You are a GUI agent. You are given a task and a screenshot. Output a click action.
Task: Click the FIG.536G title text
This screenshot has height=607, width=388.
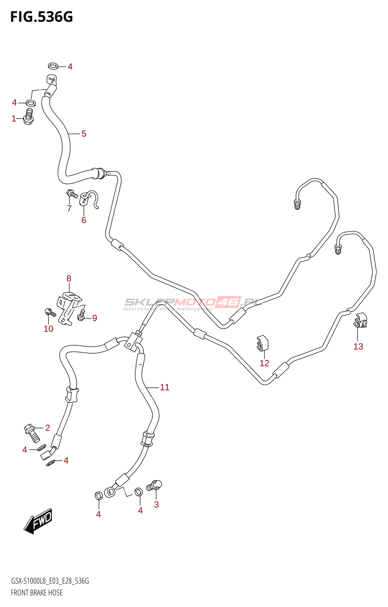pyautogui.click(x=41, y=17)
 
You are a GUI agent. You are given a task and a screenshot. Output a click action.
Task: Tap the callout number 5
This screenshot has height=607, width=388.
pyautogui.click(x=84, y=134)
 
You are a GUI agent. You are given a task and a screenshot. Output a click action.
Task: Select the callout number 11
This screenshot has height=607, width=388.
pyautogui.click(x=164, y=387)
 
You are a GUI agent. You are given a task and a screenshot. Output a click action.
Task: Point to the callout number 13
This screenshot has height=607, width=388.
pyautogui.click(x=358, y=346)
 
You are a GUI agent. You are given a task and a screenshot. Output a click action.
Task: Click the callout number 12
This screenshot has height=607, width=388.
pyautogui.click(x=264, y=363)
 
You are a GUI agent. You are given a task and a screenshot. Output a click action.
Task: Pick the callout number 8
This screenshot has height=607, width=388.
pyautogui.click(x=69, y=278)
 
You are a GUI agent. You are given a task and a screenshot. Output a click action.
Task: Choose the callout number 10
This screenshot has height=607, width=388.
pyautogui.click(x=48, y=329)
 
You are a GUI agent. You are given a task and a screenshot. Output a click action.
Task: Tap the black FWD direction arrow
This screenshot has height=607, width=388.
pyautogui.click(x=38, y=521)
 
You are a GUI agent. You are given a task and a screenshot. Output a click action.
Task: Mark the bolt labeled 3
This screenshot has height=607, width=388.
pyautogui.click(x=155, y=485)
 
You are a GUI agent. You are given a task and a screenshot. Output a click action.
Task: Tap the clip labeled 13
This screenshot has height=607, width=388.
pyautogui.click(x=361, y=321)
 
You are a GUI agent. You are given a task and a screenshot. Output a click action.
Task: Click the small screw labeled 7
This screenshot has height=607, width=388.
pyautogui.click(x=72, y=194)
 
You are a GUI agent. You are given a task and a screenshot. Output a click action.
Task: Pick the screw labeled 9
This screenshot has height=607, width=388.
pyautogui.click(x=81, y=315)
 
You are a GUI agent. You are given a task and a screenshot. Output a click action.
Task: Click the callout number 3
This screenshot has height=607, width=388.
pyautogui.click(x=156, y=505)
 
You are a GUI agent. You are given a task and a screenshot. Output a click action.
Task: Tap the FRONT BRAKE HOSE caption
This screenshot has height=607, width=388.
pyautogui.click(x=37, y=593)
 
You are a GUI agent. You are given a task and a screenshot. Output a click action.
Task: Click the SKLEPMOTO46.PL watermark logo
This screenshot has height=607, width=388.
pyautogui.click(x=193, y=303)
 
